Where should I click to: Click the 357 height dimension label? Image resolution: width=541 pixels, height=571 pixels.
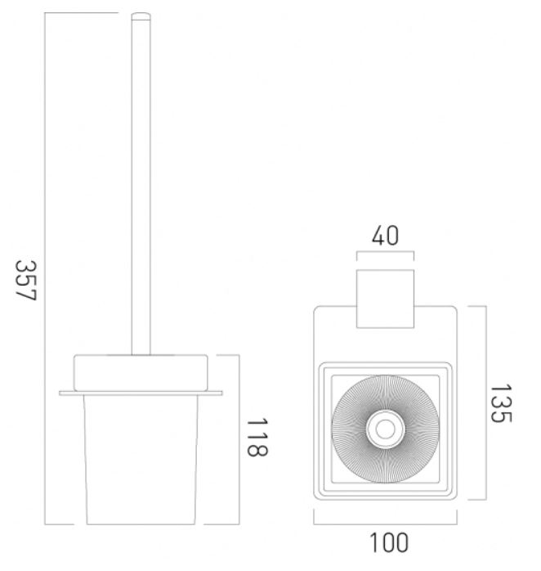[26, 281]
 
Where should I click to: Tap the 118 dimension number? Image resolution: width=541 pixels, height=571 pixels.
[257, 437]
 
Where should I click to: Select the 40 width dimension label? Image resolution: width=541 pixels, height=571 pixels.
[385, 236]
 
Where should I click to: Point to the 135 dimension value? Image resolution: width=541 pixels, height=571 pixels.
[501, 403]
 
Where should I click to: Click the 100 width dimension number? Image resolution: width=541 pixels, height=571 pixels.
[388, 542]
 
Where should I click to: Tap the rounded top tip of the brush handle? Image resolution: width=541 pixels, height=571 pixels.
[141, 15]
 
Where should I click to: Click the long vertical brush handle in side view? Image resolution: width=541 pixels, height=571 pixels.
[141, 183]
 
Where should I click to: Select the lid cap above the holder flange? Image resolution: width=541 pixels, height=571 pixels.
[141, 373]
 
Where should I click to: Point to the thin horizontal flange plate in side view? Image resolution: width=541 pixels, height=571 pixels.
[141, 393]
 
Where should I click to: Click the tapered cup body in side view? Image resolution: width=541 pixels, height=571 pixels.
[141, 460]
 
